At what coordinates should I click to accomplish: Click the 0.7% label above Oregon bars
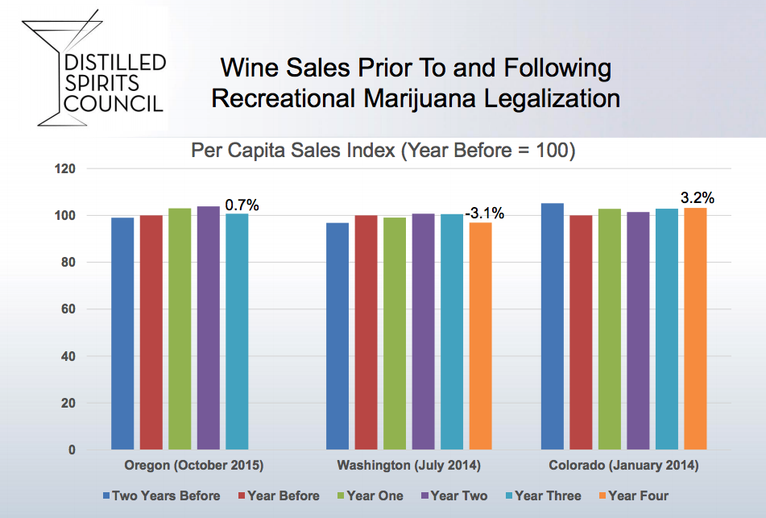pos(242,205)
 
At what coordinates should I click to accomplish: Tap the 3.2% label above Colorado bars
pos(698,197)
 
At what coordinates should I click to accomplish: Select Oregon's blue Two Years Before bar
pos(122,334)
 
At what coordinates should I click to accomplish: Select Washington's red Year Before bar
pos(366,332)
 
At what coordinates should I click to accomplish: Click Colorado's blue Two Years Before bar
pos(552,326)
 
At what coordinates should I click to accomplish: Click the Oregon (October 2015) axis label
pos(194,466)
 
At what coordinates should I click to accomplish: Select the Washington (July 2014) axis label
pos(408,466)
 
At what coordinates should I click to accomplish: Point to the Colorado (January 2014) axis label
pos(623,466)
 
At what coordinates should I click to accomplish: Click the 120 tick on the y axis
pos(64,169)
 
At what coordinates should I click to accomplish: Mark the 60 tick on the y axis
pos(68,309)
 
